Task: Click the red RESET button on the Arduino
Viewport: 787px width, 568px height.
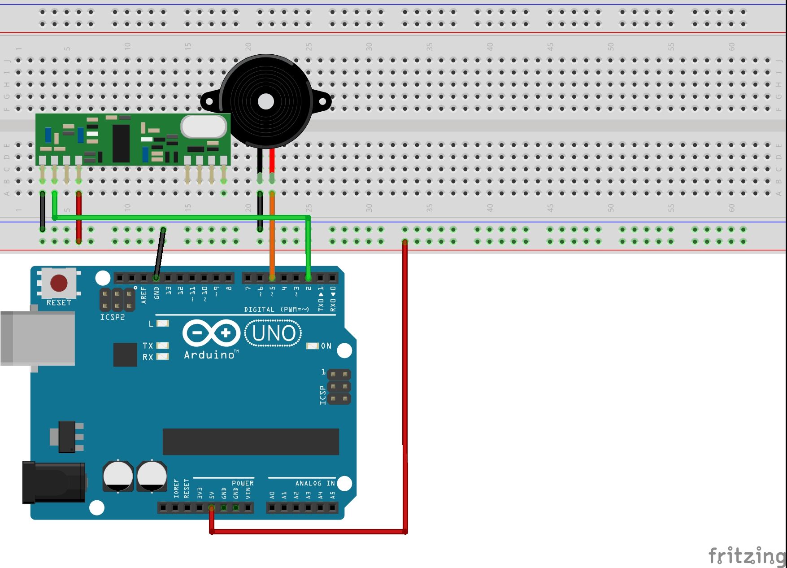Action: pos(59,283)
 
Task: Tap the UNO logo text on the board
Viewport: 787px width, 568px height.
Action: pos(274,333)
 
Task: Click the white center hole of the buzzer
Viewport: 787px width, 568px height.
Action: pos(265,102)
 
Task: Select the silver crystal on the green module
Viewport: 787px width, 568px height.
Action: pos(204,126)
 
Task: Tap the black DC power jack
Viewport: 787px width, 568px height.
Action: pos(54,482)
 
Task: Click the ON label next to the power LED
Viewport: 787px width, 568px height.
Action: pos(326,346)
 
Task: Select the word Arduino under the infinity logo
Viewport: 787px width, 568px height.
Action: pos(209,355)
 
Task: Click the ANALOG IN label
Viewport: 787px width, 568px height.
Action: pos(315,483)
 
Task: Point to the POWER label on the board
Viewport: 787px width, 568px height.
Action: pos(243,483)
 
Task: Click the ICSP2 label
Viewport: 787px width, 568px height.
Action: pos(112,317)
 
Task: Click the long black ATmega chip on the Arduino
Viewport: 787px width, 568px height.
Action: pos(251,441)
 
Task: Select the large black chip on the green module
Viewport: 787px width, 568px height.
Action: pos(121,143)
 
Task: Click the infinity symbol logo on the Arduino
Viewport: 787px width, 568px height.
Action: pos(211,333)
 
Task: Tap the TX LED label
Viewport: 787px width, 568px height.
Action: pos(148,345)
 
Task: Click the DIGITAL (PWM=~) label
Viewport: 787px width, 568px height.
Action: pos(277,310)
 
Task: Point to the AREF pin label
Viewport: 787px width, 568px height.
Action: pos(144,295)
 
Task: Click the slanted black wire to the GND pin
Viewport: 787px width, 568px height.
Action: pos(160,253)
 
